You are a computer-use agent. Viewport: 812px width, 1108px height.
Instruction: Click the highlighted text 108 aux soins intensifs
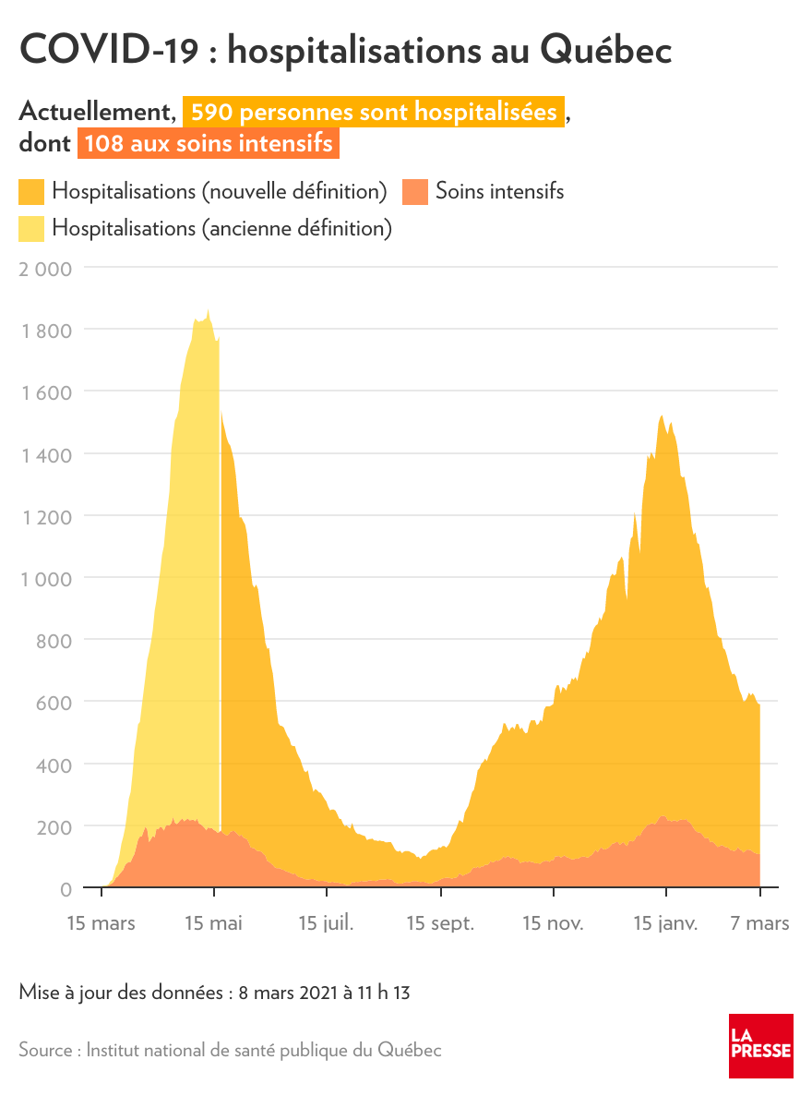click(209, 145)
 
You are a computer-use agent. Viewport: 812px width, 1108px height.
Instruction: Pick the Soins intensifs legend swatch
click(415, 192)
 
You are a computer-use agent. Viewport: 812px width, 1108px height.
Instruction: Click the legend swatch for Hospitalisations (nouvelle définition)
click(31, 192)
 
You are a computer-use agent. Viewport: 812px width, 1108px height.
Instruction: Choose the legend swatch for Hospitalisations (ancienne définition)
click(31, 228)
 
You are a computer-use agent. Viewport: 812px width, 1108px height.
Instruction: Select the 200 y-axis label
click(54, 826)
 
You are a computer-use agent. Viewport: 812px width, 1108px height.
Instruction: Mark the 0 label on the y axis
click(66, 889)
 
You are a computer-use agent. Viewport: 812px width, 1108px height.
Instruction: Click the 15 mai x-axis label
click(213, 923)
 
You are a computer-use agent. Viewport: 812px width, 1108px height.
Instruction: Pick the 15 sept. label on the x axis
click(440, 923)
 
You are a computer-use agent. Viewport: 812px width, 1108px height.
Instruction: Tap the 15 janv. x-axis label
click(665, 923)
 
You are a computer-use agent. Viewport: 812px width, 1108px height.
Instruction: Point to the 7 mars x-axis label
click(759, 923)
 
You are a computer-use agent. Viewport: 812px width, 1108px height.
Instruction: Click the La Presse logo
click(760, 1045)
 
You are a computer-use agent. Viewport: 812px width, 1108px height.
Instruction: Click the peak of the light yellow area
click(208, 312)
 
